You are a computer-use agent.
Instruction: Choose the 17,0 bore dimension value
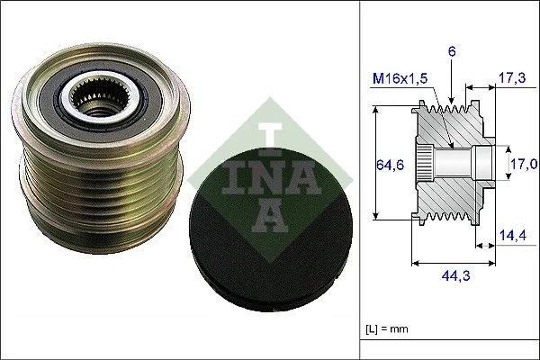(x=525, y=164)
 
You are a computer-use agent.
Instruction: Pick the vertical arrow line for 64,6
(x=373, y=164)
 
